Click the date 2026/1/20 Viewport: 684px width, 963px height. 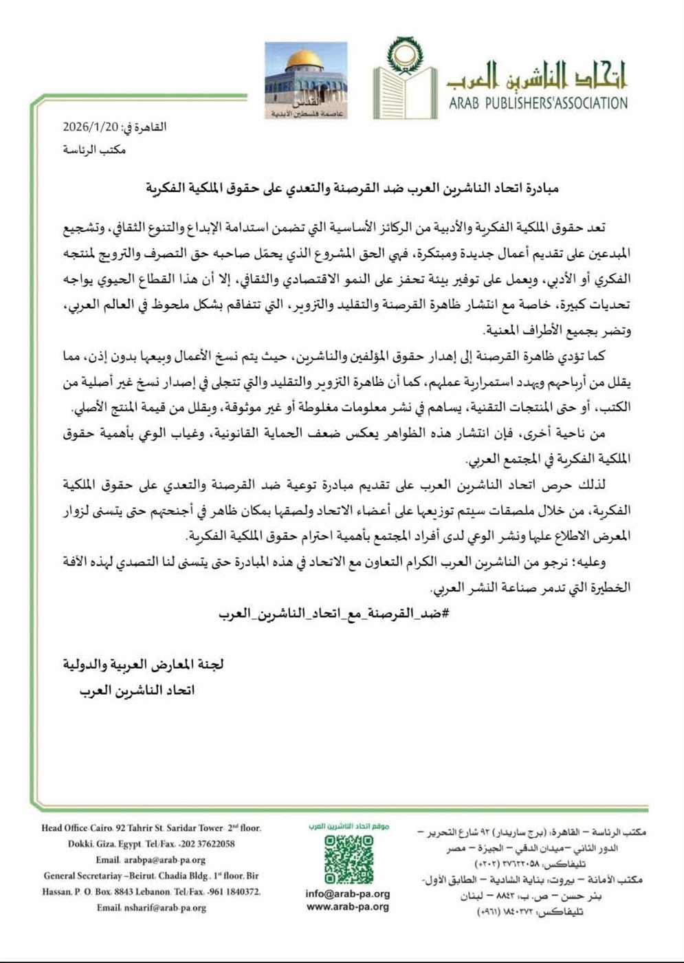(91, 127)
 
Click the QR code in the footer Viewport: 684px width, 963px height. (349, 859)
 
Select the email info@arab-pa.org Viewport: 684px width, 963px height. (348, 894)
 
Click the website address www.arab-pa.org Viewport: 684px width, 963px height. (348, 907)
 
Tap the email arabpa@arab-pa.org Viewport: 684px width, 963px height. (165, 860)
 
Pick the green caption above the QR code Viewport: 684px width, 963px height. (348, 825)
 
